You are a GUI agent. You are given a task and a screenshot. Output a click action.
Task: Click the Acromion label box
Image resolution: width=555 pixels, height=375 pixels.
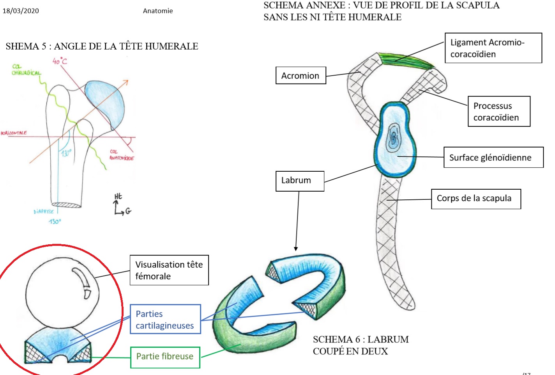point(300,75)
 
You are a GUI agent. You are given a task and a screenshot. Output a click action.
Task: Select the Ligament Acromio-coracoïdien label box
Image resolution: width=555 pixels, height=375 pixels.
point(493,48)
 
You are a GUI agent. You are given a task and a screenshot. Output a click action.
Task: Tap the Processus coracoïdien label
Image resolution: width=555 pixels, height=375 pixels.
point(499,112)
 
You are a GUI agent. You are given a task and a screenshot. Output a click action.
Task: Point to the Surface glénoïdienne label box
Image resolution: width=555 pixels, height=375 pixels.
point(493,157)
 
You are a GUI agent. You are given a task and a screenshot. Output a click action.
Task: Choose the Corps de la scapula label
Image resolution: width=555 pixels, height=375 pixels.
point(475,199)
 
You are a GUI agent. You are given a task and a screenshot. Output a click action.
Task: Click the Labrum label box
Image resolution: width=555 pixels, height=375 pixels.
point(300,181)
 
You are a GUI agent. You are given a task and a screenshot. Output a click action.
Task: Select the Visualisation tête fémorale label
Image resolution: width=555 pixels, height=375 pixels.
point(169,270)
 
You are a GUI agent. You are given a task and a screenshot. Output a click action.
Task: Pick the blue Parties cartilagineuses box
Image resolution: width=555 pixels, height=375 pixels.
point(165,319)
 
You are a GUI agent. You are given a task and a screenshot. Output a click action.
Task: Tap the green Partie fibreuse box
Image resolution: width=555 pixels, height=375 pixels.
point(165,357)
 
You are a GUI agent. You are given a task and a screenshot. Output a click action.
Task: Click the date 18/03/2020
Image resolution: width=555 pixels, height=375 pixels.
point(21,11)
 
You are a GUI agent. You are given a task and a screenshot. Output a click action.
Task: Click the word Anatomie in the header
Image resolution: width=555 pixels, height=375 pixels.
point(157,11)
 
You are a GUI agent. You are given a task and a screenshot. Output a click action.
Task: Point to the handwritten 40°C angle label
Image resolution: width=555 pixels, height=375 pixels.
point(60,61)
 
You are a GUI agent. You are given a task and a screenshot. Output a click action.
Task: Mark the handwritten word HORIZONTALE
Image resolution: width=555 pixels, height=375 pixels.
point(14,133)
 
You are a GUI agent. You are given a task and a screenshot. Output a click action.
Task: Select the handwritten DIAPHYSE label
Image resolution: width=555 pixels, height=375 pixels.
point(44,211)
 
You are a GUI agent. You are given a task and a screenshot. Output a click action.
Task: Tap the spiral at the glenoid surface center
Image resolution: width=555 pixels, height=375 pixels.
point(394,138)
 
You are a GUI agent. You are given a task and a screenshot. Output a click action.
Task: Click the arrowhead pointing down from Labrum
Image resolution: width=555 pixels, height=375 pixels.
point(296,249)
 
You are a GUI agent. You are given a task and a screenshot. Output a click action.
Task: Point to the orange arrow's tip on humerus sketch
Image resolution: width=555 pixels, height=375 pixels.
point(127,81)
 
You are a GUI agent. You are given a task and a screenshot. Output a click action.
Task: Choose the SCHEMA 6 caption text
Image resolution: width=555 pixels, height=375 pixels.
point(361,345)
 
